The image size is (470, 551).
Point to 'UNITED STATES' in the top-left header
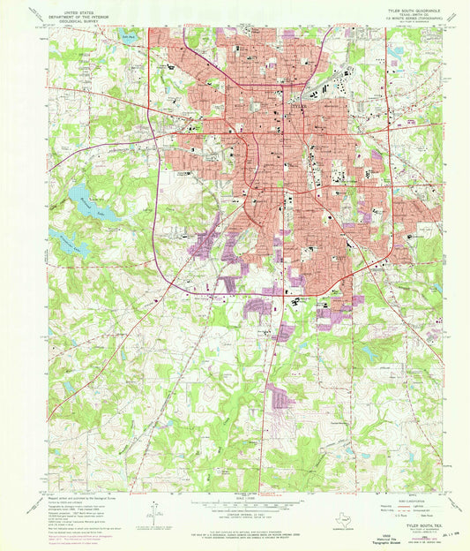coord(74,6)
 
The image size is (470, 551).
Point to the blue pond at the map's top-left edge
coord(131,35)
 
